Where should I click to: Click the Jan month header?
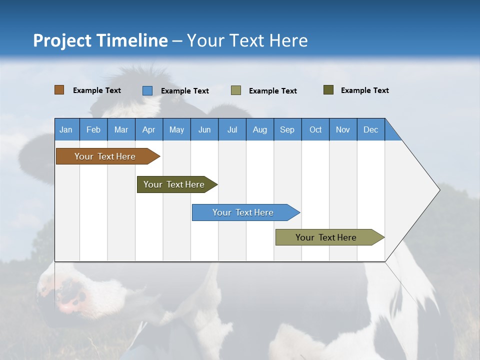[x=66, y=129]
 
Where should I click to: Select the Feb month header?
[x=93, y=129]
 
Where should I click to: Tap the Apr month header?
[x=149, y=129]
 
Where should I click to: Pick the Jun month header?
[x=204, y=129]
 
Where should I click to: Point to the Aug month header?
[x=260, y=129]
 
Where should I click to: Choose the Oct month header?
[x=315, y=129]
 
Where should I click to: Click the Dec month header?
[x=370, y=129]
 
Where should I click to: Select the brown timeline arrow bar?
[x=108, y=156]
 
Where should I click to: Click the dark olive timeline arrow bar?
[x=177, y=184]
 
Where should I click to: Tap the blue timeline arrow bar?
[x=246, y=212]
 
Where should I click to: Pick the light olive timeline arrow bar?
[x=330, y=237]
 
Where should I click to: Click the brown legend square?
[x=59, y=89]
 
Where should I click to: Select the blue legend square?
[x=147, y=90]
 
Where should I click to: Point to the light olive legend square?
[x=235, y=90]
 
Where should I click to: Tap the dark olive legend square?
[x=328, y=89]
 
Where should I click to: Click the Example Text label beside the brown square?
[x=96, y=90]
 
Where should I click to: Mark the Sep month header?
[x=287, y=129]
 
